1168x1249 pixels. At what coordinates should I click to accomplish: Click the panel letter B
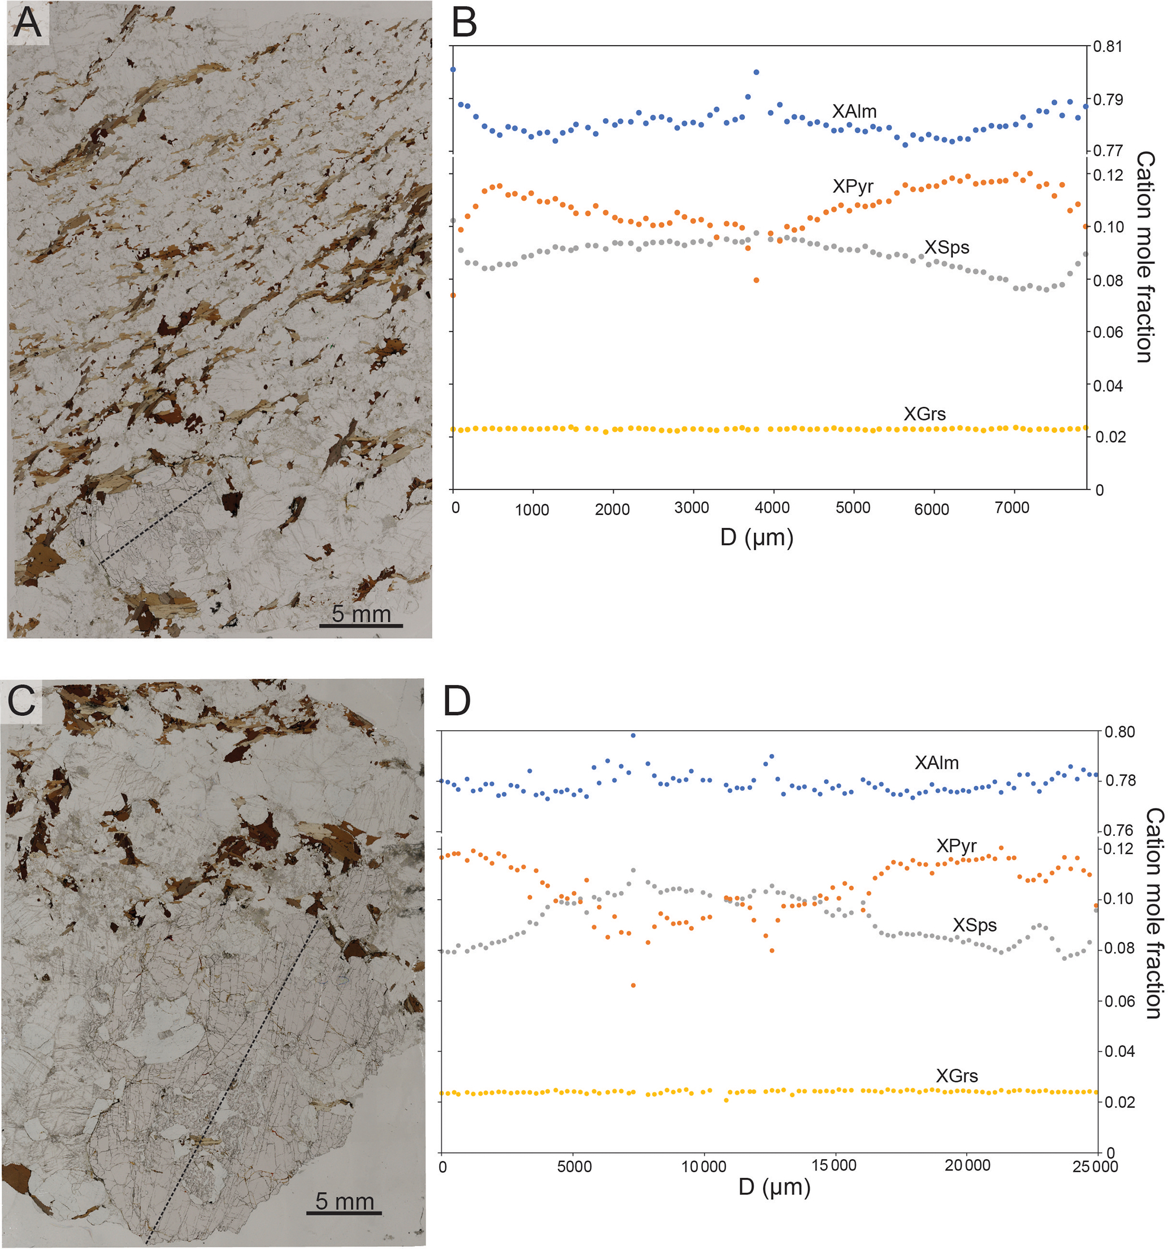coord(464,23)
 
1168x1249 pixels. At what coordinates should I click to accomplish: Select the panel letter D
coord(457,701)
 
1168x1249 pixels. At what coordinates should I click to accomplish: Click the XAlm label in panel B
coord(854,111)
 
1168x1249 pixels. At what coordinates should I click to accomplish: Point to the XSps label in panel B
coord(946,247)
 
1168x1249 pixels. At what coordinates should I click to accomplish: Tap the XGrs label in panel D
coord(956,1075)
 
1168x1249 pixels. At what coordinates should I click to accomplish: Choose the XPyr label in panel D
coord(956,845)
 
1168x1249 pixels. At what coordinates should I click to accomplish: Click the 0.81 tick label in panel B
coord(1107,46)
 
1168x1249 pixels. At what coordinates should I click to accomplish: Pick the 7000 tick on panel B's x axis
coord(1011,508)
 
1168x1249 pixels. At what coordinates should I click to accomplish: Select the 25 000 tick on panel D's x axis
coord(1095,1166)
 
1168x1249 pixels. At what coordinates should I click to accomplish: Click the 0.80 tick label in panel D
coord(1119,732)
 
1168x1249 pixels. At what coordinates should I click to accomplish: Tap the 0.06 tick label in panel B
coord(1108,332)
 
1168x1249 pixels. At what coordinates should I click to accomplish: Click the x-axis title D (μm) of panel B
coord(757,538)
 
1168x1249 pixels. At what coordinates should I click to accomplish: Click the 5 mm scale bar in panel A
coord(361,625)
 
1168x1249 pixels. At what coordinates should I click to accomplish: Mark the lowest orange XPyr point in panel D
coord(633,985)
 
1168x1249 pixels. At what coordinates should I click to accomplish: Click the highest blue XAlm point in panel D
coord(633,735)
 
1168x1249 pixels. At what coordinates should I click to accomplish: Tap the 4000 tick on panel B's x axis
coord(772,508)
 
